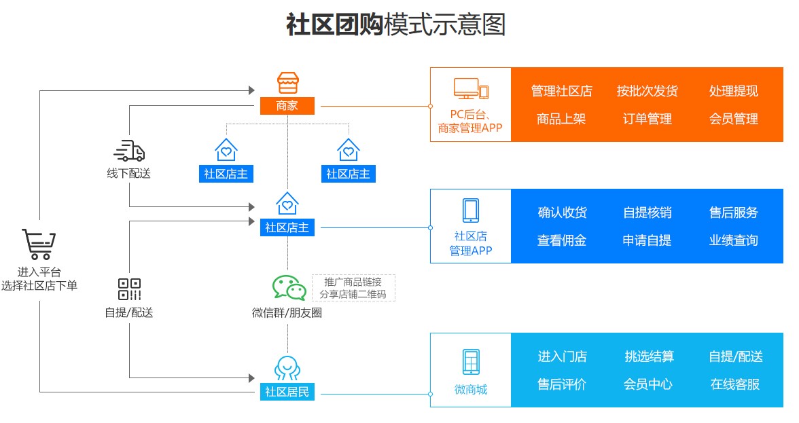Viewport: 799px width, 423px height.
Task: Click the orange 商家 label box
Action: tap(287, 106)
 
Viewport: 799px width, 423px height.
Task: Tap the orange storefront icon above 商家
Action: tap(287, 83)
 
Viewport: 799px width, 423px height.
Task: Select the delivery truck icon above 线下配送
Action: tap(129, 150)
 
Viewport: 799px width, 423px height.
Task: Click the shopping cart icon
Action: tap(39, 245)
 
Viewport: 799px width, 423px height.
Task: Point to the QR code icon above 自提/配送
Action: tap(129, 289)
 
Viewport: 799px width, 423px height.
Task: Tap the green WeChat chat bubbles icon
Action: tap(289, 287)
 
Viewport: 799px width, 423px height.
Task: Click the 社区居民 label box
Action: tap(287, 392)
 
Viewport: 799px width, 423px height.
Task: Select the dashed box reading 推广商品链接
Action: tap(353, 288)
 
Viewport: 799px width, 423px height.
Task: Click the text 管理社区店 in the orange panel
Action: tap(561, 91)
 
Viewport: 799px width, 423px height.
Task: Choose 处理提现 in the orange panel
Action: tap(733, 91)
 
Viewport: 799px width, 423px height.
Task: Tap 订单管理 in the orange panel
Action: tap(647, 119)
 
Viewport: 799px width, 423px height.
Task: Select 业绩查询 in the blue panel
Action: tap(733, 240)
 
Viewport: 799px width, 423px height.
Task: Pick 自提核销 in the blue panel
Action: tap(647, 213)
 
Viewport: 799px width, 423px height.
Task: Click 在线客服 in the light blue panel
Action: tap(734, 384)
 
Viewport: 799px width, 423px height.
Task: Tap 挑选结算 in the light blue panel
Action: tap(649, 356)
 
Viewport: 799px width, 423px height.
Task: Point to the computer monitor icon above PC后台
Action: tap(466, 89)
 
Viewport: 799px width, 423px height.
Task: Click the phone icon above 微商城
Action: tap(470, 361)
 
